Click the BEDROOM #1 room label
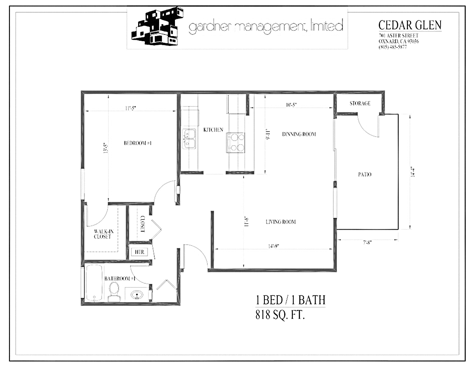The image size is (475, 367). pyautogui.click(x=138, y=143)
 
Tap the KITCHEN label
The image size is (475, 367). pyautogui.click(x=213, y=130)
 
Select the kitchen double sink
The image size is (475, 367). pyautogui.click(x=189, y=139)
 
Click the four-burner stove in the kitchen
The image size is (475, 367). pyautogui.click(x=236, y=143)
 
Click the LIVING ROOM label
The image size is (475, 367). pyautogui.click(x=281, y=222)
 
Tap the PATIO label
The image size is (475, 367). pyautogui.click(x=365, y=174)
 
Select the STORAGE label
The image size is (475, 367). pyautogui.click(x=360, y=103)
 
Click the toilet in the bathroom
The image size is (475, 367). pyautogui.click(x=114, y=292)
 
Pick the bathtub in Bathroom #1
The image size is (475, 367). pyautogui.click(x=94, y=283)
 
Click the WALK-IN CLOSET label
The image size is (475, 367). pyautogui.click(x=103, y=234)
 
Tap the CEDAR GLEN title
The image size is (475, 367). pyautogui.click(x=410, y=25)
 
